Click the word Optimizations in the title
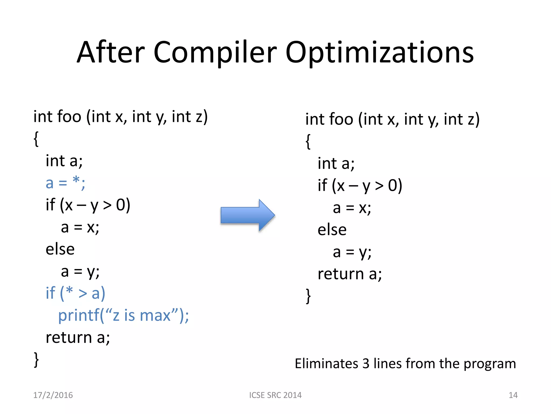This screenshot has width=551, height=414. pyautogui.click(x=379, y=53)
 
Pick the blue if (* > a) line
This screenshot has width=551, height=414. pyautogui.click(x=75, y=293)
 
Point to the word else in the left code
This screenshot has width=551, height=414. pyautogui.click(x=60, y=249)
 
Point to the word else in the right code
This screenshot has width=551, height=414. pyautogui.click(x=332, y=230)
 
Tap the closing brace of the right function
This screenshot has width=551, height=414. pyautogui.click(x=308, y=296)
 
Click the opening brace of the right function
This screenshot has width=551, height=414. pyautogui.click(x=308, y=142)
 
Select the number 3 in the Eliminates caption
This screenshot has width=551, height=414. pyautogui.click(x=366, y=364)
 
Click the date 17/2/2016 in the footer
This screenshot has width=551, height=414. pyautogui.click(x=53, y=395)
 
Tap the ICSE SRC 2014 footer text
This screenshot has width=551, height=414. pyautogui.click(x=275, y=395)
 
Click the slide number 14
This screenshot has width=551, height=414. pyautogui.click(x=513, y=395)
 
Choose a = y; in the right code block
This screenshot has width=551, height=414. pyautogui.click(x=352, y=252)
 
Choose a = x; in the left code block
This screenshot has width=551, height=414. pyautogui.click(x=80, y=227)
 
